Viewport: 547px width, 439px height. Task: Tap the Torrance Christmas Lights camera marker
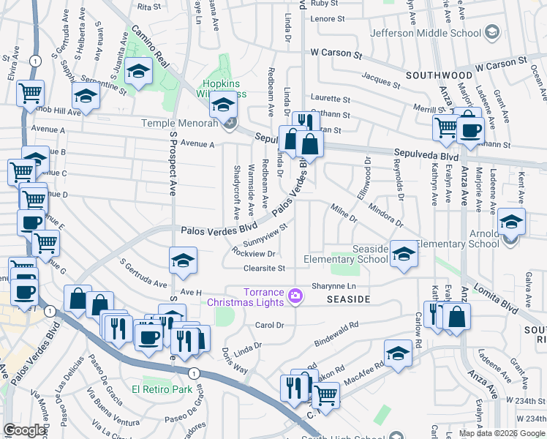pyautogui.click(x=295, y=296)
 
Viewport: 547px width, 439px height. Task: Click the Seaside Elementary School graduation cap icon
pyautogui.click(x=403, y=254)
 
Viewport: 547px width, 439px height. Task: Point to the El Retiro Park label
pyautogui.click(x=162, y=389)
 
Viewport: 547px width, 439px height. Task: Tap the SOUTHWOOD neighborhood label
pyautogui.click(x=440, y=75)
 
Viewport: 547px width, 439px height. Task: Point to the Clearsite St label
pyautogui.click(x=264, y=269)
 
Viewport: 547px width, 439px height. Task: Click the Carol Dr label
pyautogui.click(x=268, y=324)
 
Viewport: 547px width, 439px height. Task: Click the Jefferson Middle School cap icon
pyautogui.click(x=492, y=32)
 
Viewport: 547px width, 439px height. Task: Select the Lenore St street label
pyautogui.click(x=327, y=19)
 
